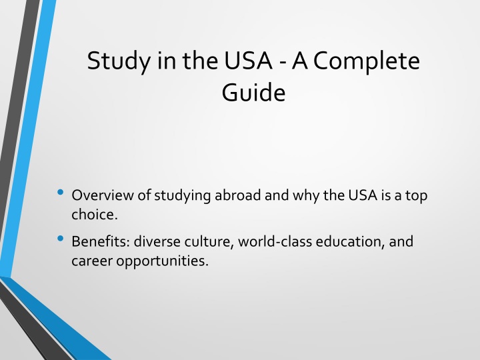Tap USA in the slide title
tap(248, 60)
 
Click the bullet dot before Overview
tap(60, 192)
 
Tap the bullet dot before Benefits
tap(60, 238)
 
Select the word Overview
tap(103, 195)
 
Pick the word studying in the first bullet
tap(182, 196)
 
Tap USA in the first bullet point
tap(363, 195)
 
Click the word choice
tap(95, 214)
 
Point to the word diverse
tap(157, 241)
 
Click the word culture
tap(209, 242)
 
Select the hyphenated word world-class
tap(275, 241)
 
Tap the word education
tap(350, 242)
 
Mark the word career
tap(92, 261)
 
